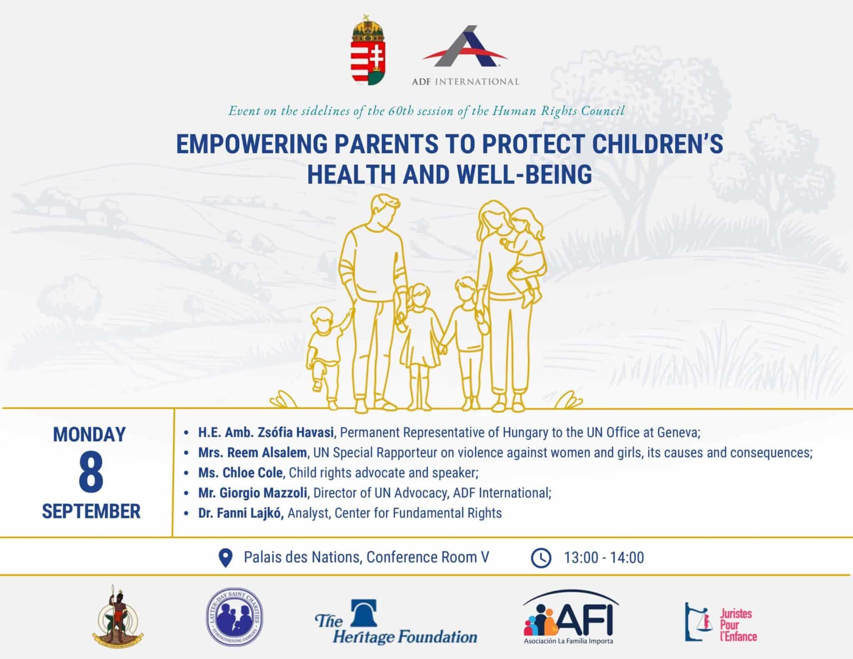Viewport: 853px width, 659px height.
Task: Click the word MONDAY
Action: point(90,434)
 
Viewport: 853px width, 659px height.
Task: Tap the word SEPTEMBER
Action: point(91,512)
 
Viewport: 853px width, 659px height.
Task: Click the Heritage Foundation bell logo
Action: point(364,613)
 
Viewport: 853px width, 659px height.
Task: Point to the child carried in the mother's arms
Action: point(524,256)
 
